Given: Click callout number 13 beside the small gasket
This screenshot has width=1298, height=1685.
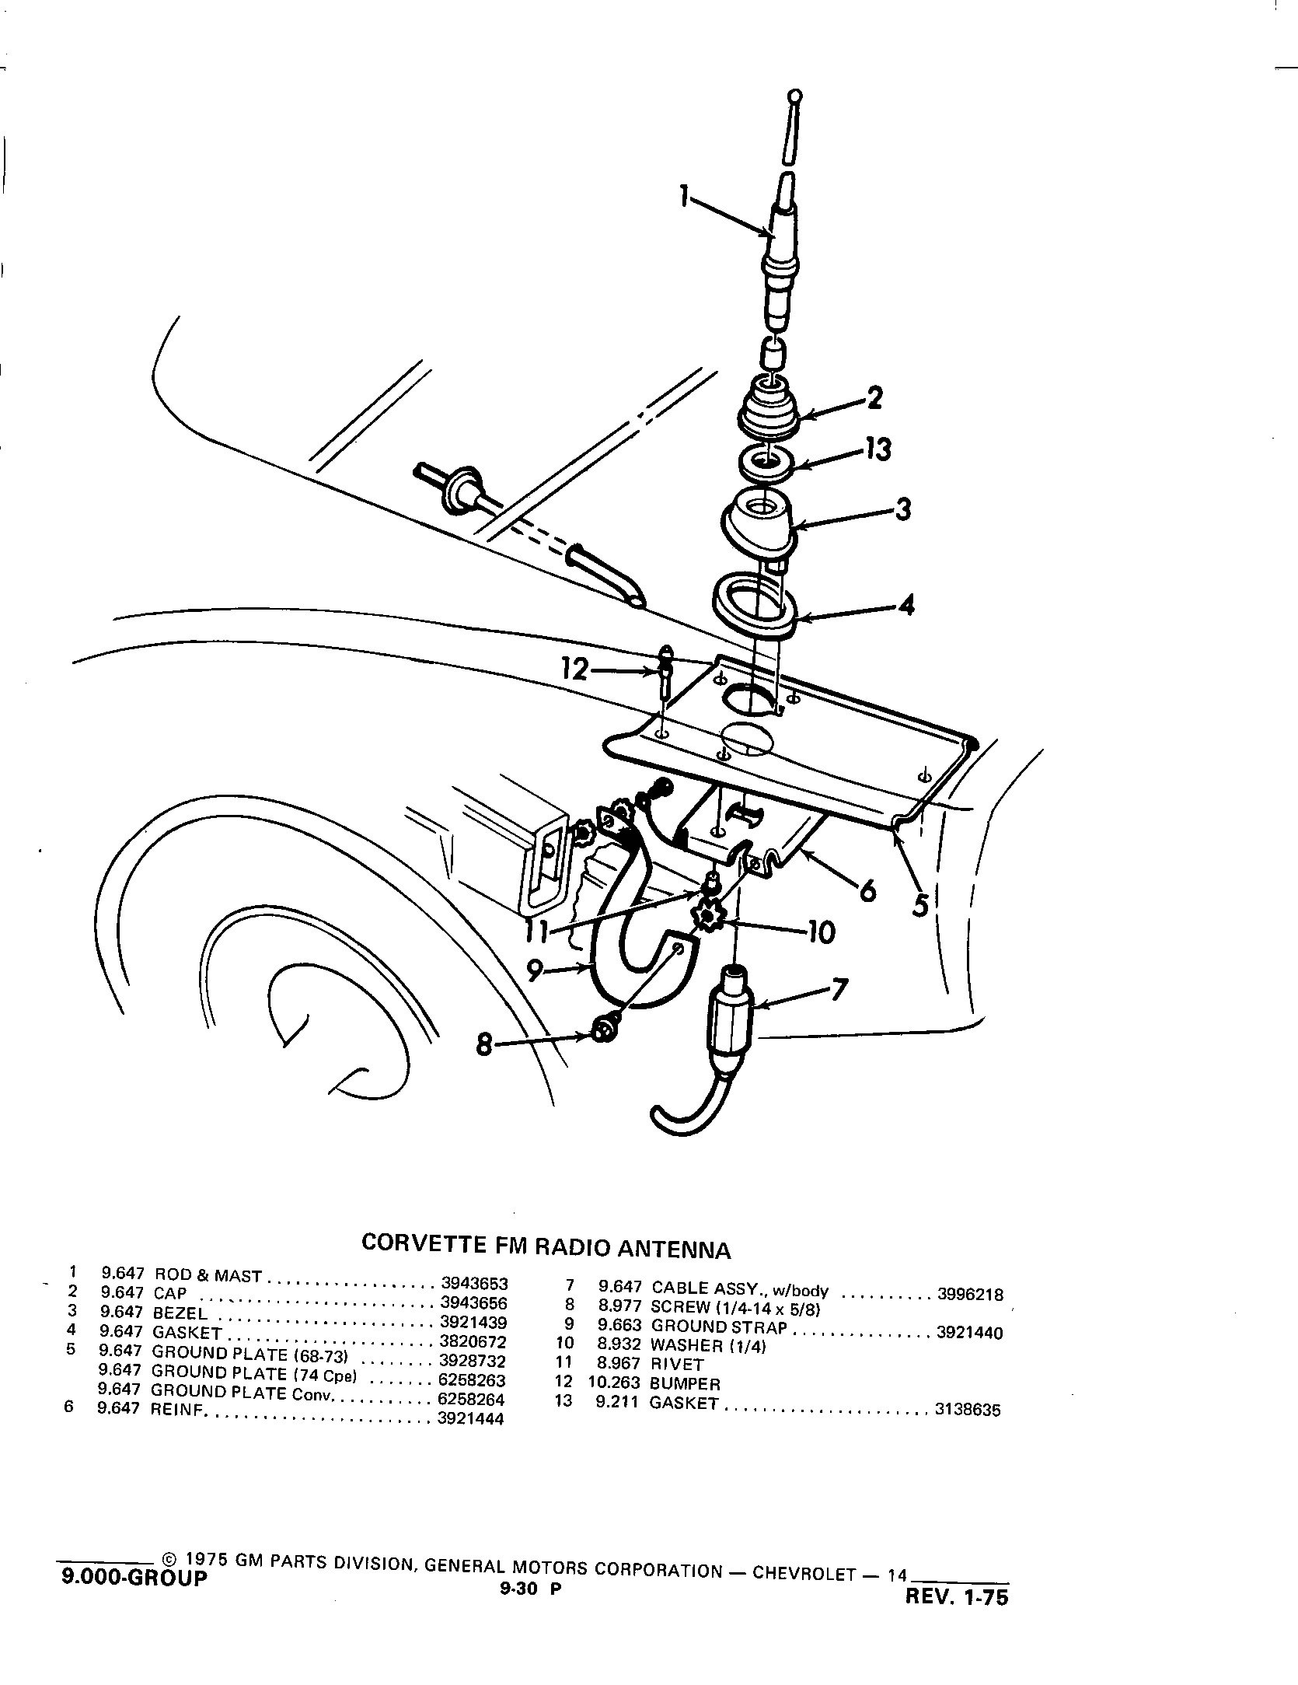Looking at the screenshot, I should [x=878, y=449].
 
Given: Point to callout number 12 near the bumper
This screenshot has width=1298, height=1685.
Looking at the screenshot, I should [x=575, y=669].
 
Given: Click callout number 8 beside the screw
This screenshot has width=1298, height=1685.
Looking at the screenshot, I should [x=484, y=1046].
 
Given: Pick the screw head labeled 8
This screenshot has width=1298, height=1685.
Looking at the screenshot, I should [x=603, y=1031].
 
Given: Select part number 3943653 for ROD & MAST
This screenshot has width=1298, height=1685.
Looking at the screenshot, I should [x=473, y=1306].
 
